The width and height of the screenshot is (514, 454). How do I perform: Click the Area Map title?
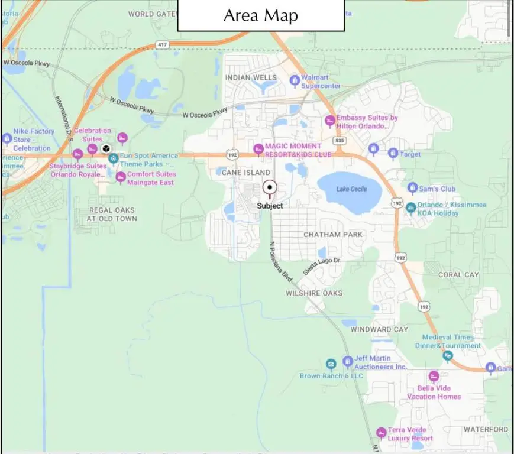pyautogui.click(x=261, y=15)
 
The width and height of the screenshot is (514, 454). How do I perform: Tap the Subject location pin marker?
pyautogui.click(x=270, y=188)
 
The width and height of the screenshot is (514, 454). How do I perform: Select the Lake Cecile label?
pyautogui.click(x=351, y=189)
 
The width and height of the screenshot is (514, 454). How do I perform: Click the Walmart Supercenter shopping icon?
pyautogui.click(x=294, y=80)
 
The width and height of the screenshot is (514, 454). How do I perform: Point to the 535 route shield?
pyautogui.click(x=339, y=141)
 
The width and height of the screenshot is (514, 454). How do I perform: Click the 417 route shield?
pyautogui.click(x=161, y=44)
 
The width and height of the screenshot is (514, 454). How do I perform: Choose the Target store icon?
pyautogui.click(x=393, y=154)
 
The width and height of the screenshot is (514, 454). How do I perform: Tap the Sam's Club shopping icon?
pyautogui.click(x=412, y=189)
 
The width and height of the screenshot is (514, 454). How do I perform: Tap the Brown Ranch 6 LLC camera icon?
pyautogui.click(x=331, y=364)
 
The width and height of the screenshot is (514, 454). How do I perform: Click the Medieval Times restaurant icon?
pyautogui.click(x=448, y=355)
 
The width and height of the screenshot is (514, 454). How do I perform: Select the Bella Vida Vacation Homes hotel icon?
pyautogui.click(x=434, y=377)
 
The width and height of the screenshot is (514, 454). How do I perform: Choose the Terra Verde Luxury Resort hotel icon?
pyautogui.click(x=381, y=434)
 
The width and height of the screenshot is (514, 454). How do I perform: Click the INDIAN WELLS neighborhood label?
pyautogui.click(x=251, y=78)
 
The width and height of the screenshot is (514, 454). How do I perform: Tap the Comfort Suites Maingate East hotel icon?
pyautogui.click(x=121, y=177)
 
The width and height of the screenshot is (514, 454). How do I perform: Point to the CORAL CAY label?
pyautogui.click(x=458, y=275)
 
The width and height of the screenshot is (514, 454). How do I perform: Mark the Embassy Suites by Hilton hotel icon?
pyautogui.click(x=330, y=121)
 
